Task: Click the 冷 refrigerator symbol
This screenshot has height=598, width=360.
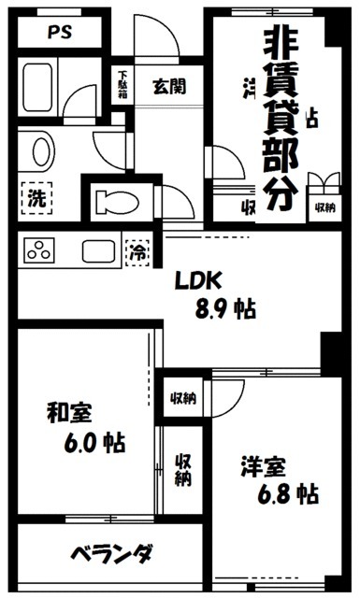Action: coord(137,250)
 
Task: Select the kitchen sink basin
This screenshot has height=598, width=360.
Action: coord(97,250)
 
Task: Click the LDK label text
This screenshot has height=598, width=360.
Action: coord(198,280)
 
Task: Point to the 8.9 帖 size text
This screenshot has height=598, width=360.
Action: coord(223,308)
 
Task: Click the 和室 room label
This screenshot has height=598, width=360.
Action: coord(70,412)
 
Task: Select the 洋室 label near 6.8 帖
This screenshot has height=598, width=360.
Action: coord(255,464)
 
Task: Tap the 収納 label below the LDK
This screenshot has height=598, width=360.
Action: coord(182,399)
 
